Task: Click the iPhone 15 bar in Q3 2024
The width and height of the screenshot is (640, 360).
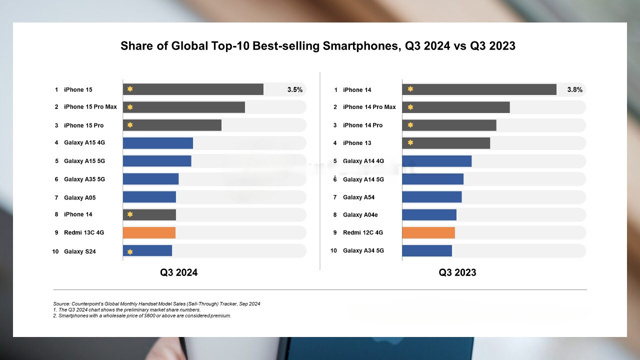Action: (x=192, y=89)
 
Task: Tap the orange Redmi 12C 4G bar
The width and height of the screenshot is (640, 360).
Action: (x=429, y=232)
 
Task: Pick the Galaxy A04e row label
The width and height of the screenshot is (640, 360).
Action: (x=362, y=214)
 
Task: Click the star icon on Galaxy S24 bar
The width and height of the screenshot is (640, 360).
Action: (x=129, y=250)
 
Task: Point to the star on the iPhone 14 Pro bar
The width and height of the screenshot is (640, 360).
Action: (x=409, y=125)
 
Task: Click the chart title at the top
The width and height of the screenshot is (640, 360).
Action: (x=320, y=45)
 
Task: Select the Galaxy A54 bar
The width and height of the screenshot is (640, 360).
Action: (x=432, y=197)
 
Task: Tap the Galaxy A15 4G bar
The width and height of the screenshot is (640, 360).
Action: (x=157, y=143)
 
